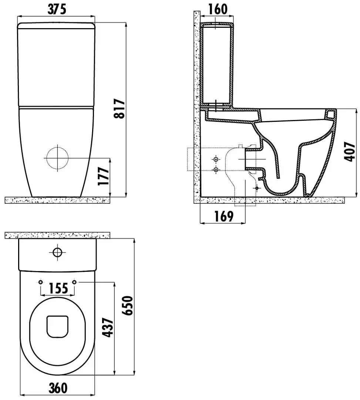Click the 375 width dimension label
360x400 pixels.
pos(57,9)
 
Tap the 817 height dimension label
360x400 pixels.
pos(119,109)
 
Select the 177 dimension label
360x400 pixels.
pos(104,176)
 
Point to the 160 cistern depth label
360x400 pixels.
pos(218,9)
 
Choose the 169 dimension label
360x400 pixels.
pos(224,216)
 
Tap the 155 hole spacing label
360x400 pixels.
pos(58,288)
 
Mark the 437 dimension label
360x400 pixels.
pos(108,327)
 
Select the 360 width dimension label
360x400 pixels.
pos(58,388)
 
